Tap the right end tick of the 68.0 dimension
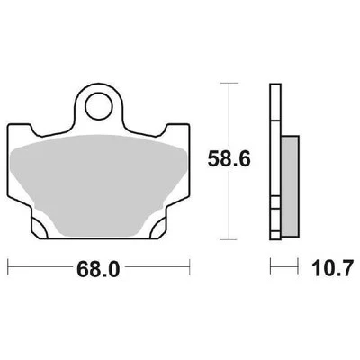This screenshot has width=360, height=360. click(190, 267)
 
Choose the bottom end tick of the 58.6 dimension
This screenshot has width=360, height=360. click(233, 238)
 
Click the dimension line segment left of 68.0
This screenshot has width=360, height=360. click(40, 267)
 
